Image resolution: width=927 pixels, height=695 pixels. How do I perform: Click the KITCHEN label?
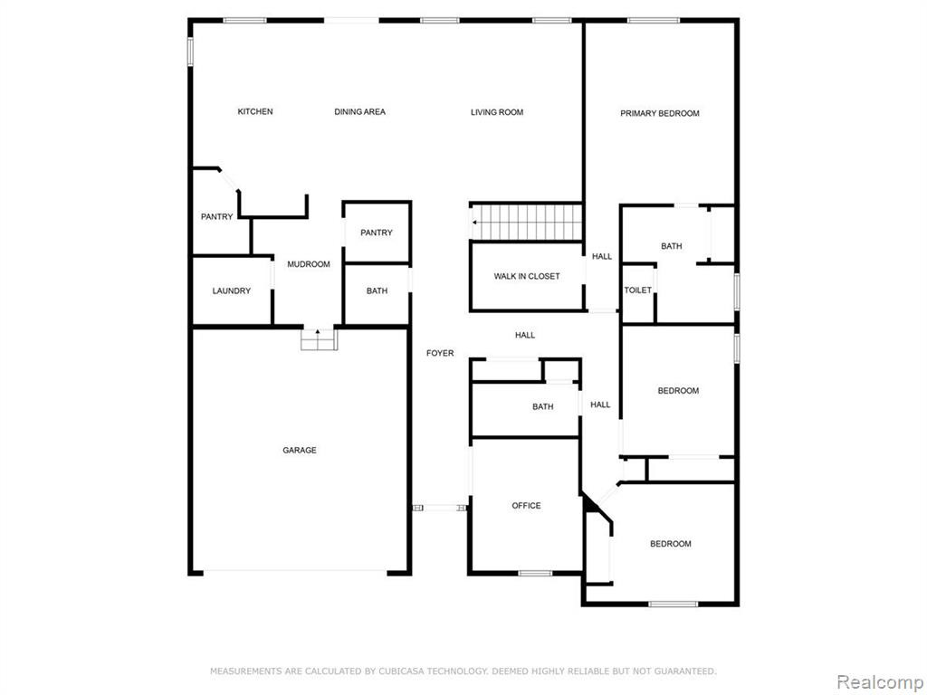coord(255,111)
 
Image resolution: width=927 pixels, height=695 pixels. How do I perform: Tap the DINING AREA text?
coord(360,111)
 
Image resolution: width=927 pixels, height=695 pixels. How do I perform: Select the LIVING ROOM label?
coord(497,112)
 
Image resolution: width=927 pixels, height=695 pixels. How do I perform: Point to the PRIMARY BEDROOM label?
coord(660,113)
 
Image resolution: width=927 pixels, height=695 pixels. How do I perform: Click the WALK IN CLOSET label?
coord(527,277)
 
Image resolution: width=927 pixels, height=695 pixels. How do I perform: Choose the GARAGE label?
coord(300,451)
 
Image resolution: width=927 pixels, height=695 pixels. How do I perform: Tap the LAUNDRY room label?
coord(232,290)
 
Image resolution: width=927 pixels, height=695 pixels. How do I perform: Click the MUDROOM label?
coord(309,264)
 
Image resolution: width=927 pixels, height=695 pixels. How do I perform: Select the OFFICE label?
coord(526,506)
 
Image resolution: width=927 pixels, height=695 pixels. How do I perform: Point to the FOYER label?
coord(441,354)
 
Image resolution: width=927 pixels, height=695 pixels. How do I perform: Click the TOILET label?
coord(638,290)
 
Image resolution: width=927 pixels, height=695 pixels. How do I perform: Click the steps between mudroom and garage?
coord(319,340)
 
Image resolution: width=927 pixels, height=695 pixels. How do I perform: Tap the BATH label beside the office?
coord(543,407)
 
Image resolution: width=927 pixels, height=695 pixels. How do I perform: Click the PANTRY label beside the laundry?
coord(217,217)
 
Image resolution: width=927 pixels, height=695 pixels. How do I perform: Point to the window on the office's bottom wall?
coord(535,573)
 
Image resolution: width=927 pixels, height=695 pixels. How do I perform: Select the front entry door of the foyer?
coord(440,508)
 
